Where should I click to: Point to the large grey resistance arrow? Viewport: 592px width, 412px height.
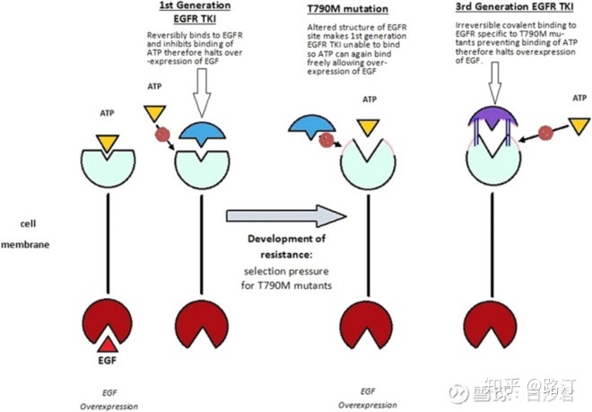point(284,216)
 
